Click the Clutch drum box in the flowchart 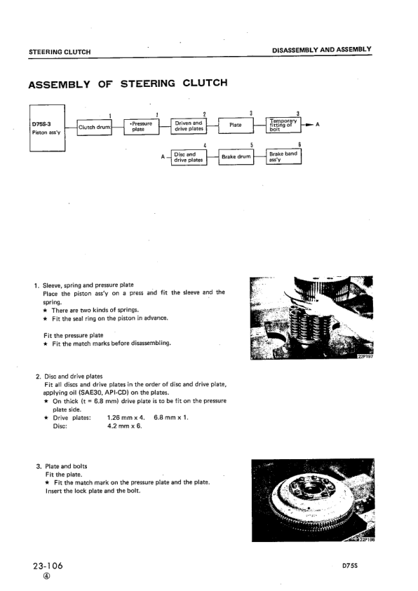pos(95,127)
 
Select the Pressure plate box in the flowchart pos(140,126)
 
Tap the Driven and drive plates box pos(189,126)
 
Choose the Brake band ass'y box pos(283,156)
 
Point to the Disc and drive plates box pos(189,157)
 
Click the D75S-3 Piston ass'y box pos(46,127)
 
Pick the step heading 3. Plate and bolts pos(62,466)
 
